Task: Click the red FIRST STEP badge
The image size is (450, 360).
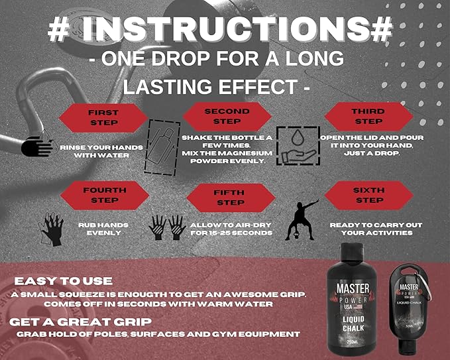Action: tap(103, 118)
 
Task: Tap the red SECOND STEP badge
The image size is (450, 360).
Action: tap(227, 117)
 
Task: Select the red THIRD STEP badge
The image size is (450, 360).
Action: tap(368, 117)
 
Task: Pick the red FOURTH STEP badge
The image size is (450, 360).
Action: tap(105, 196)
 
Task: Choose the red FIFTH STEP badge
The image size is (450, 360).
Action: tap(231, 198)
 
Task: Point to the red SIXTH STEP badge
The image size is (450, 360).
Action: tap(369, 196)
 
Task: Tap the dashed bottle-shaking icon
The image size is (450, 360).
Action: tap(162, 148)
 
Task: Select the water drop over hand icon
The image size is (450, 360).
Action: tap(298, 146)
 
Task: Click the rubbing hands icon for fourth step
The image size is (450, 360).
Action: tap(52, 229)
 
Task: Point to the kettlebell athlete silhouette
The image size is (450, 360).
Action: tap(302, 220)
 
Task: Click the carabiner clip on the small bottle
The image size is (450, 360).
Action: tap(427, 286)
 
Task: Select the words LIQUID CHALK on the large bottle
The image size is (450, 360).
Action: tap(354, 324)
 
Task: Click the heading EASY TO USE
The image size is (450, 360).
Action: tap(64, 281)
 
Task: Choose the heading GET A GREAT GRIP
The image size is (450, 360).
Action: tap(80, 322)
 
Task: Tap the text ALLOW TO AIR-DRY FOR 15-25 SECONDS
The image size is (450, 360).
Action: tap(231, 229)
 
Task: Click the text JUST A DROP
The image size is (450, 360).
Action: tap(372, 154)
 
